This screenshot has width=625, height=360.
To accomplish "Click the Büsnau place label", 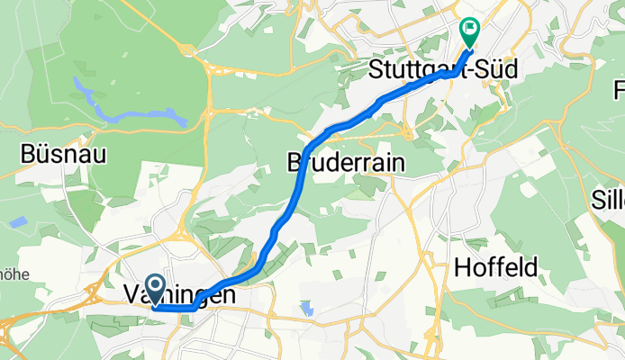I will (67, 154).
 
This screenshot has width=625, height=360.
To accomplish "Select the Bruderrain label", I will (345, 163).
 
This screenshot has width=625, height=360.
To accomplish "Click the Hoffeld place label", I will (495, 267).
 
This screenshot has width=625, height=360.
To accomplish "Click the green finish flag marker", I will (470, 32).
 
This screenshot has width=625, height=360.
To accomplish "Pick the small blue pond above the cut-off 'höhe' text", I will (19, 220).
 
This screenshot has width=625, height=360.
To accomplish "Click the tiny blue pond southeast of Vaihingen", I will (309, 309).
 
